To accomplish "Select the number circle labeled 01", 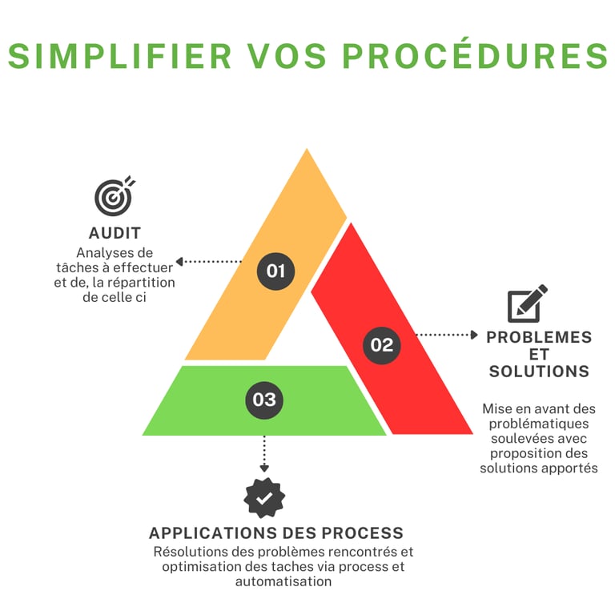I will tap(275, 271).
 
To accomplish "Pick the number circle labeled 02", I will tap(382, 344).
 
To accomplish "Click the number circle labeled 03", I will tap(264, 399).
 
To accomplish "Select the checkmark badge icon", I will tap(264, 497).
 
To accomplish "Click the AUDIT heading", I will tap(115, 233).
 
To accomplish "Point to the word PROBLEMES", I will tap(539, 336).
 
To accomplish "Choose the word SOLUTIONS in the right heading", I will tap(539, 372).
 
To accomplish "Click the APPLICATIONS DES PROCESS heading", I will tap(276, 533).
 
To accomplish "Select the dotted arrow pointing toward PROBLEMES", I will tap(445, 334).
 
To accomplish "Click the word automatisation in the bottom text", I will tap(283, 582).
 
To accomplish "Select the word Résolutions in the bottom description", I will tap(189, 552).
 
